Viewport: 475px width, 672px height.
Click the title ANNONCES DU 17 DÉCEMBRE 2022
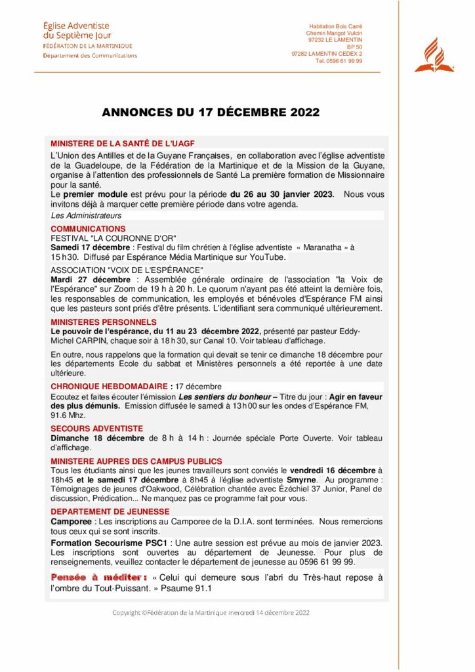click(x=211, y=112)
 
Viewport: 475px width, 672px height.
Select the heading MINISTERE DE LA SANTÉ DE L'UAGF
click(x=123, y=143)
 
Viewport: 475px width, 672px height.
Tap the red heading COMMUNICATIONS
click(x=88, y=228)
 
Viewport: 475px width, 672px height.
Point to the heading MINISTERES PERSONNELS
click(x=104, y=322)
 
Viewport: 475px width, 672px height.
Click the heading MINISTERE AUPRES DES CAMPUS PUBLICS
click(x=136, y=461)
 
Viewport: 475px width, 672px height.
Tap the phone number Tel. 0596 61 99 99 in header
click(x=339, y=61)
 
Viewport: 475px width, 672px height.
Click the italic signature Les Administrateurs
click(x=86, y=215)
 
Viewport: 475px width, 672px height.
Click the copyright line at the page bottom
click(x=211, y=613)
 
